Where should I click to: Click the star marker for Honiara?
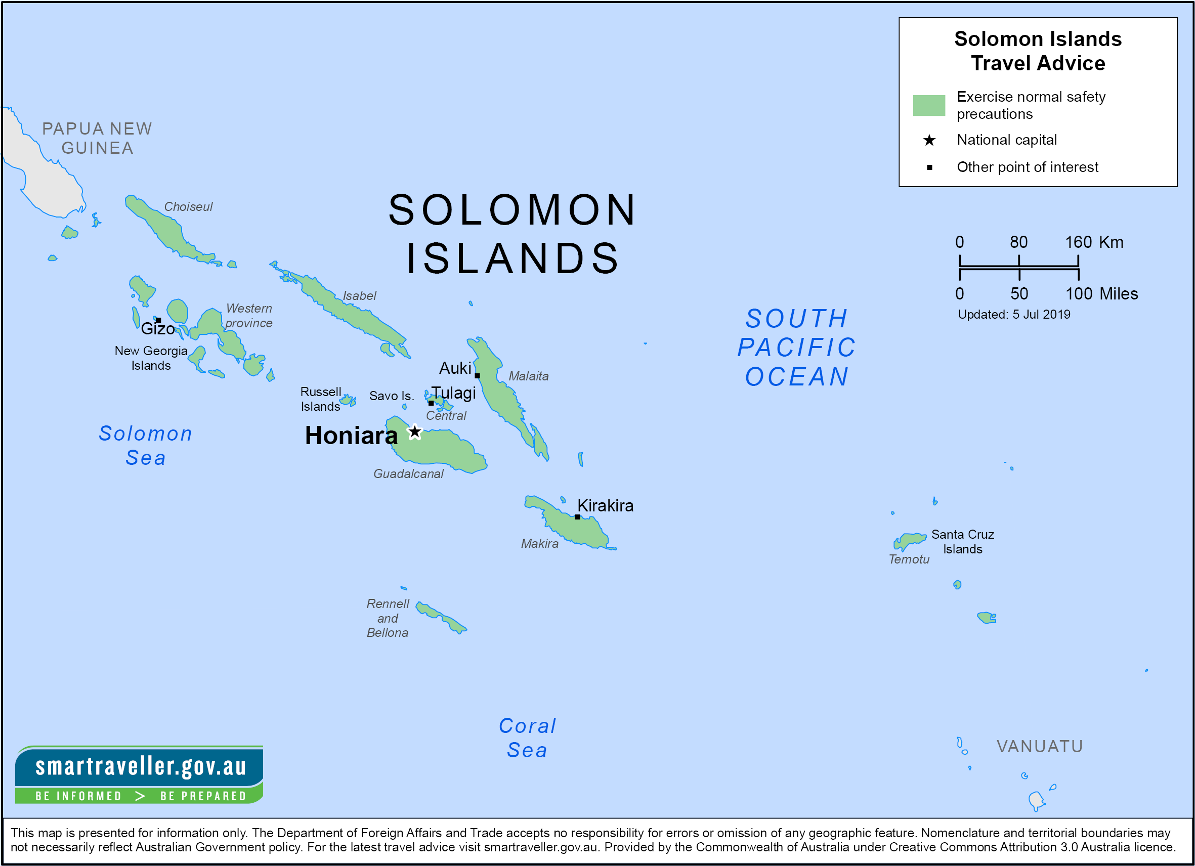coord(415,432)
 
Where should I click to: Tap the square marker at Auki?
coord(478,375)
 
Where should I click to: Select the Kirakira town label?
coord(606,506)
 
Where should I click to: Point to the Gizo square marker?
coord(158,320)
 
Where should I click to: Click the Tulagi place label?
coord(454,393)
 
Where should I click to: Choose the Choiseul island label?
coord(188,206)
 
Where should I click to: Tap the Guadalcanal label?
coord(408,473)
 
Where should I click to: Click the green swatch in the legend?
coord(929,105)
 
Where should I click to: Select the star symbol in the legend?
coord(929,140)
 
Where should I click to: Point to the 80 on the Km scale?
coord(1018,242)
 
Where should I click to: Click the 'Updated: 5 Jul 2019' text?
coord(1014,315)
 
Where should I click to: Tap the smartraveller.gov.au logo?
coord(140,774)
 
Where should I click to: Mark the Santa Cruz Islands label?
coord(963,542)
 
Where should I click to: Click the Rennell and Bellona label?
coord(388,618)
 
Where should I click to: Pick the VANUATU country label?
coord(1040,747)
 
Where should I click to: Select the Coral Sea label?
coord(527,738)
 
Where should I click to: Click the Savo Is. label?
coord(392,396)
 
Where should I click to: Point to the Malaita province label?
coord(529,376)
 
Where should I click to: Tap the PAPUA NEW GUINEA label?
coord(98,138)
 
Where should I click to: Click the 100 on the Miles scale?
coord(1079,294)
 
